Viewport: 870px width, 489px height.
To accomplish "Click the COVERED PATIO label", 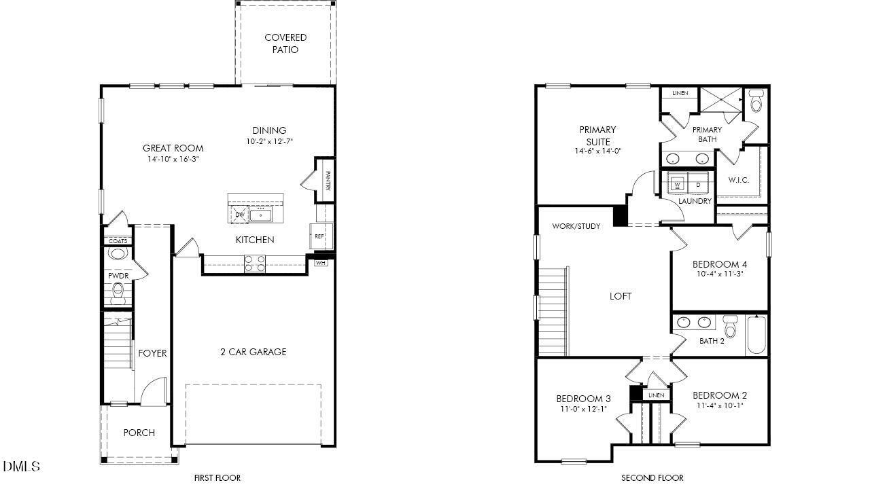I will (285, 43).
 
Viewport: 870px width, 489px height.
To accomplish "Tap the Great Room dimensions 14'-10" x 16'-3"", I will (173, 160).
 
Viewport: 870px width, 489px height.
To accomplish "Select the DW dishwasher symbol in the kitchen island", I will (239, 215).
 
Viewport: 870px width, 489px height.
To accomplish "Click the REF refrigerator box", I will (319, 236).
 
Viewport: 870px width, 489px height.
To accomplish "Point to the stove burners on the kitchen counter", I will (255, 264).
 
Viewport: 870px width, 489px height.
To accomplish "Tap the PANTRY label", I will (328, 180).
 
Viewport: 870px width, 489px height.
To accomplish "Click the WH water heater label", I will (321, 262).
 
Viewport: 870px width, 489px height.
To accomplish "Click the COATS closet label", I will (118, 241).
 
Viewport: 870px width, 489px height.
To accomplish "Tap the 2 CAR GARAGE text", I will (253, 352).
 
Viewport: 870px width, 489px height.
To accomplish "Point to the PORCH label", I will (139, 433).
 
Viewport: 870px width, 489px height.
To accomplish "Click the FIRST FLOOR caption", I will (217, 478).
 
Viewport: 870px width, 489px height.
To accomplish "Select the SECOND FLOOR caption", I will (652, 478).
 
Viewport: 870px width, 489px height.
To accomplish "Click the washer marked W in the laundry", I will (678, 184).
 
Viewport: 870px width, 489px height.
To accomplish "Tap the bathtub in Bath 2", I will (757, 334).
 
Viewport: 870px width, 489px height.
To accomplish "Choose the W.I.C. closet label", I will (738, 180).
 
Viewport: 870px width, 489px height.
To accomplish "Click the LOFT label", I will (620, 296).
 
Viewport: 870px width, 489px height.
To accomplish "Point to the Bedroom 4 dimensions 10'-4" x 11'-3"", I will (720, 274).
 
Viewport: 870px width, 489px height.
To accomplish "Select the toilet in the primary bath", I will (756, 102).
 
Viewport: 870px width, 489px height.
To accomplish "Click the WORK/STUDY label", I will (576, 226).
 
